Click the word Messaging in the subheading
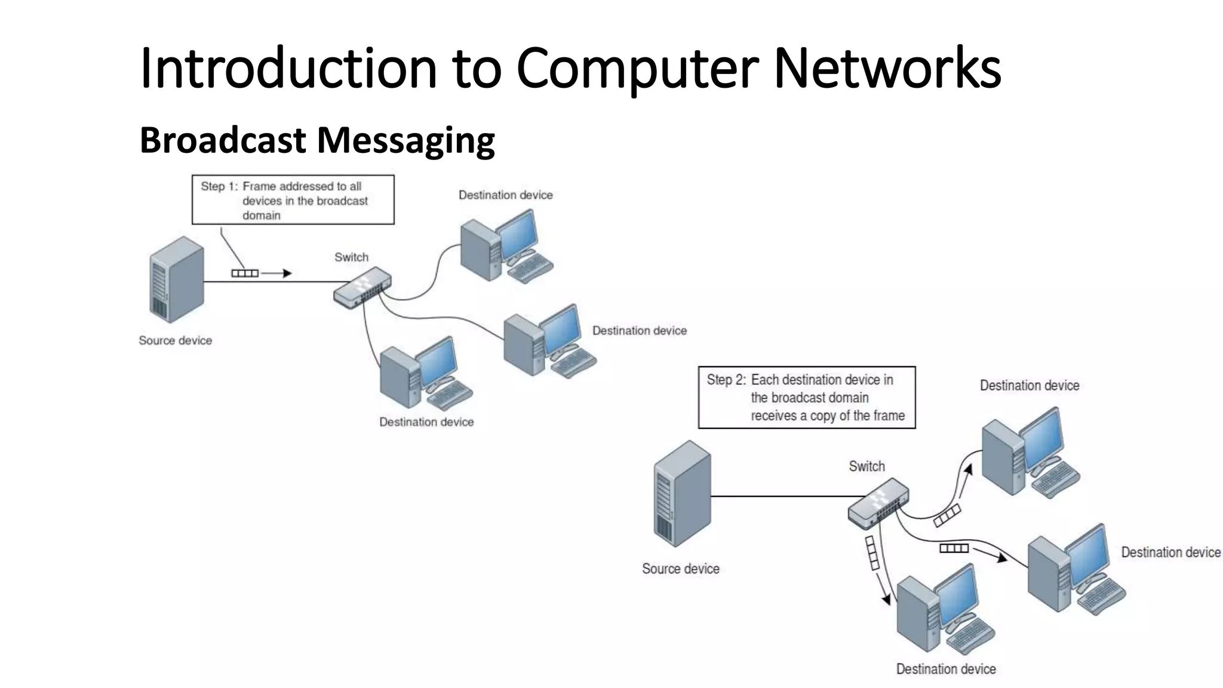click(x=405, y=141)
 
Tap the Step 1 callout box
click(x=293, y=200)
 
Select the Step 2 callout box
click(x=806, y=397)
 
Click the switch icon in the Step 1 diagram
click(x=362, y=288)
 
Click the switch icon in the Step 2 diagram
click(x=878, y=503)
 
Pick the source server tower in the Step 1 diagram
click(x=176, y=279)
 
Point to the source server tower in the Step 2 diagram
click(x=682, y=493)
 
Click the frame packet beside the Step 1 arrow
click(x=245, y=274)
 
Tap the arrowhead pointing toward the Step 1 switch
click(x=287, y=274)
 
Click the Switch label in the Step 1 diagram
click(x=351, y=257)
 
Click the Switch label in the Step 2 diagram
click(x=866, y=466)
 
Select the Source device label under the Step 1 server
click(x=175, y=340)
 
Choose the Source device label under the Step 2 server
click(x=680, y=569)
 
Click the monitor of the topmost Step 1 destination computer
click(x=518, y=234)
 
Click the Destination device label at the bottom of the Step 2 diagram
click(x=945, y=669)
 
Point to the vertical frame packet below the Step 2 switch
click(x=872, y=552)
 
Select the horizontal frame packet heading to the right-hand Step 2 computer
click(x=954, y=548)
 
